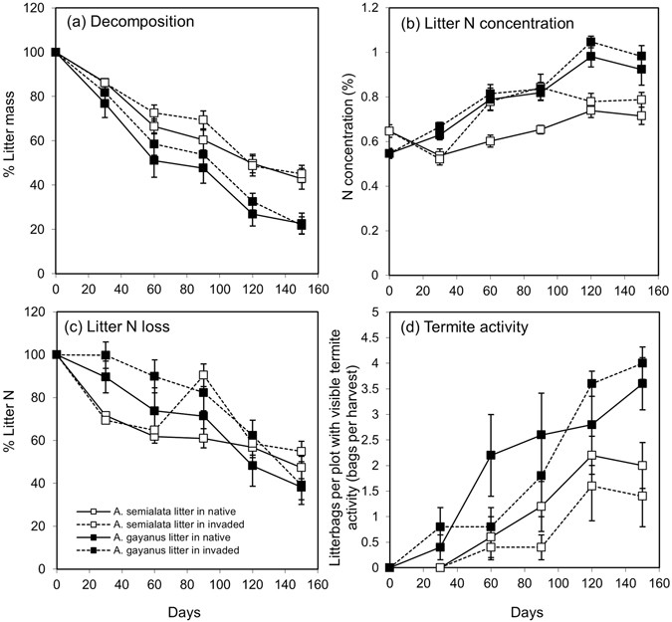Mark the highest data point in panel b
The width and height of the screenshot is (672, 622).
(x=590, y=42)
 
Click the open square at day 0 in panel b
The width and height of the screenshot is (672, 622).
(x=390, y=130)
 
